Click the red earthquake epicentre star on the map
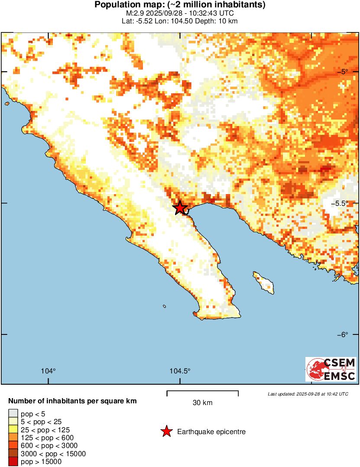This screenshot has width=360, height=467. coord(180,208)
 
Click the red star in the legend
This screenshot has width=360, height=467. coord(166,431)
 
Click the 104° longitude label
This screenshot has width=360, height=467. coord(49,371)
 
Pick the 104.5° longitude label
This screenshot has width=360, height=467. coord(180,371)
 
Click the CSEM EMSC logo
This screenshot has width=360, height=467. coord(331,369)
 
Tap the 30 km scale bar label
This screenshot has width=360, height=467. coord(202,403)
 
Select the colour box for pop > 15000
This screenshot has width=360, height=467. coord(13,462)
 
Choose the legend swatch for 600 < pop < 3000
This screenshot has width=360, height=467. coord(13,446)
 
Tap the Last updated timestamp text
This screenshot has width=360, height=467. coord(308,394)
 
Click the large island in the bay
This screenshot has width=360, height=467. coord(264,282)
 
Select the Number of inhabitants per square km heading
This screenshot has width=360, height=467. coord(72,401)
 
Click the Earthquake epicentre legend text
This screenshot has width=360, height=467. coord(211,432)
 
